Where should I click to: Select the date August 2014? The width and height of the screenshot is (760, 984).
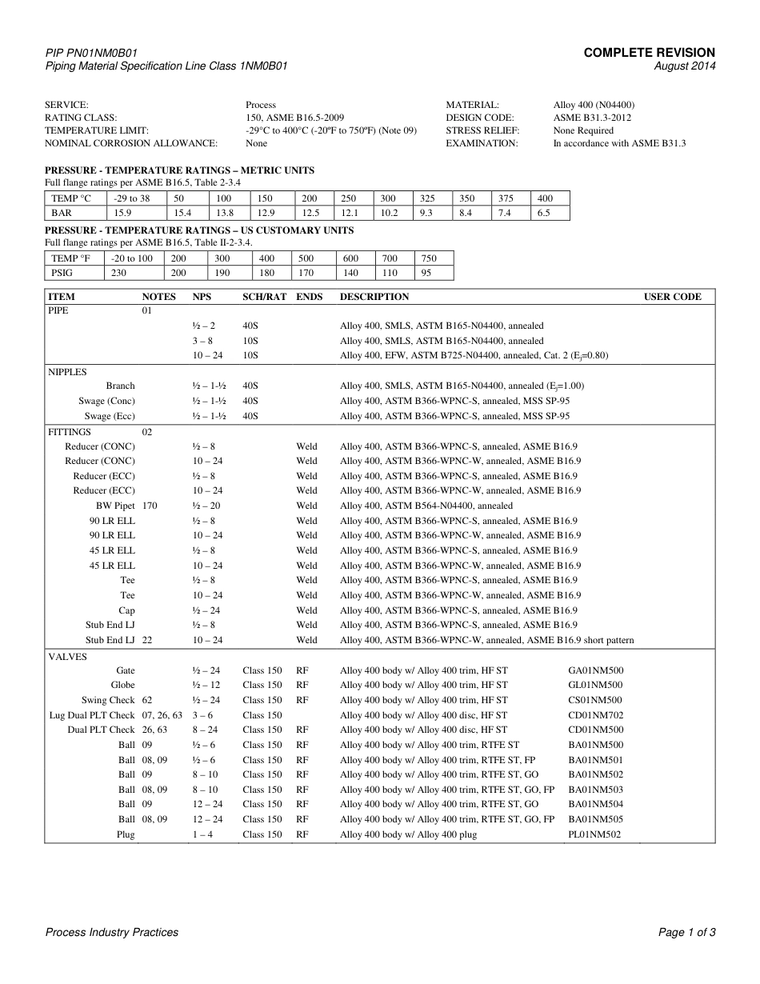tap(685, 66)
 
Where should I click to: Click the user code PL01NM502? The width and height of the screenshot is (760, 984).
tap(594, 834)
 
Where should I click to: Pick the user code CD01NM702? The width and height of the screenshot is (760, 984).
tap(595, 715)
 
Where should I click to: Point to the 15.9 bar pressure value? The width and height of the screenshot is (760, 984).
tap(122, 213)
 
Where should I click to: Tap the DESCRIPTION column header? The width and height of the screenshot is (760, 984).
tap(374, 297)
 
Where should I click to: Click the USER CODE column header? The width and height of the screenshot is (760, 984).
tap(672, 297)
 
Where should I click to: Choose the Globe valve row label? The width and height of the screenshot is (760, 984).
tap(122, 685)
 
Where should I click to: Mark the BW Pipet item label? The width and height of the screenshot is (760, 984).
tap(115, 506)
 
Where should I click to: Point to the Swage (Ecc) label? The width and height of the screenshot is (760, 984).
tap(110, 416)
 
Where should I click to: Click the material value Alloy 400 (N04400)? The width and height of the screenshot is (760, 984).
tap(594, 105)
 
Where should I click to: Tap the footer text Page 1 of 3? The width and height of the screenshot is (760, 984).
tap(686, 932)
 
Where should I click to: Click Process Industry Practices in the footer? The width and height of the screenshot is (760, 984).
tap(112, 932)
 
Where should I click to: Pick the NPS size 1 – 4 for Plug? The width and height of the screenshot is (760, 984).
tap(202, 834)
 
